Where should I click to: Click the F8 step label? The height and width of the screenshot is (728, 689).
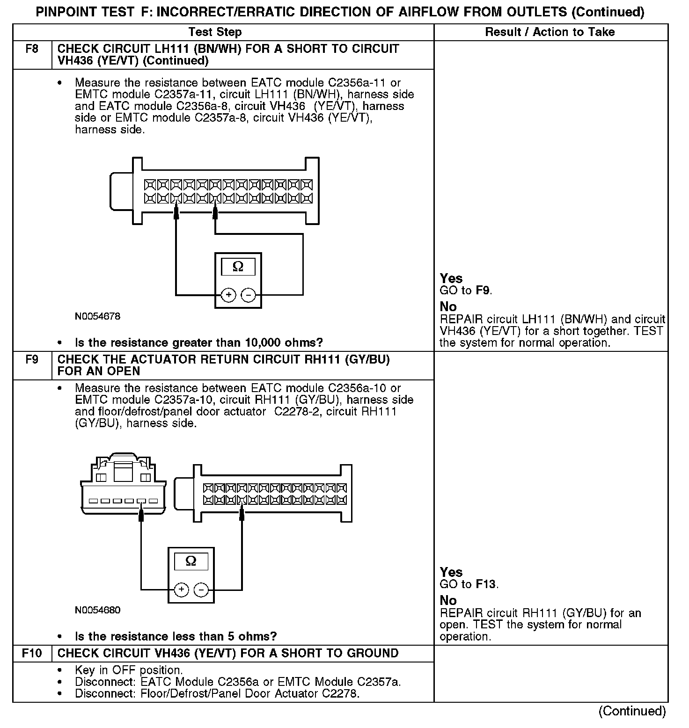click(31, 49)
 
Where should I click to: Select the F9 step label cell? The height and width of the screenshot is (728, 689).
click(31, 360)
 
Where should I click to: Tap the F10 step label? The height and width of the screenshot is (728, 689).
click(31, 653)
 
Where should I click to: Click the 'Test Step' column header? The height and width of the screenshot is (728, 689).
click(215, 32)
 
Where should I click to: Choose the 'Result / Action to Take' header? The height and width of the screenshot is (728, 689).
click(550, 32)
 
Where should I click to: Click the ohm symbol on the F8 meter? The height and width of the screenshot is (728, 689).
click(238, 267)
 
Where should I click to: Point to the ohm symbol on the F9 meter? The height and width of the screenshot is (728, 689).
click(191, 561)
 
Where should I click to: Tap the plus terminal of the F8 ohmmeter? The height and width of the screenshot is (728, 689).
click(228, 295)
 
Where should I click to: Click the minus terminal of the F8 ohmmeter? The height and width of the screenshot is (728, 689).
click(248, 295)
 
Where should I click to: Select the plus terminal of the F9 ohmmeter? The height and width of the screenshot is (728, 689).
click(181, 590)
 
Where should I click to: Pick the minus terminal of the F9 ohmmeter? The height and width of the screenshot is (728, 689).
click(201, 590)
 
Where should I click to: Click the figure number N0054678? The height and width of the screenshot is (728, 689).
click(97, 316)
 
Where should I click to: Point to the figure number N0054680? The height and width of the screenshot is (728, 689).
click(97, 610)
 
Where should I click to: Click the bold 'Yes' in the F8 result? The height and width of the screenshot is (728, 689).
click(451, 278)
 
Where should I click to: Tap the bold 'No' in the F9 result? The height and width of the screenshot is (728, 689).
click(448, 600)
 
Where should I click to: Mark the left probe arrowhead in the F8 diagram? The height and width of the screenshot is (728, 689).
click(176, 213)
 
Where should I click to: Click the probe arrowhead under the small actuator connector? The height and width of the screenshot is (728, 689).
click(141, 515)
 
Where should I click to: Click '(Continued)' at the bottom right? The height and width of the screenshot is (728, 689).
click(632, 711)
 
